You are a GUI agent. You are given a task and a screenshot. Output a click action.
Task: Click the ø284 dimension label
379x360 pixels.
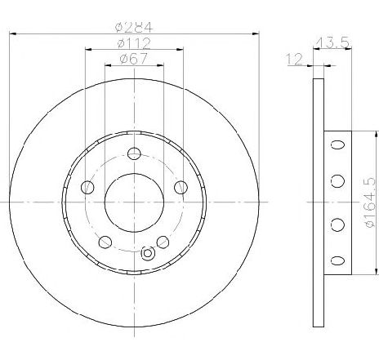pos(134,27)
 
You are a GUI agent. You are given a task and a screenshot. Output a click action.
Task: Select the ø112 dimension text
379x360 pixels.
pos(134,43)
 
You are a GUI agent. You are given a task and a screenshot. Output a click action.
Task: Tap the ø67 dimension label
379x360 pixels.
pos(134,59)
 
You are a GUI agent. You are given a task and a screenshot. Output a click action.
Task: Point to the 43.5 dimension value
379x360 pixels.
pos(332,42)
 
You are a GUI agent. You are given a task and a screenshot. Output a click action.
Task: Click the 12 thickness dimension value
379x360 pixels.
pos(294,60)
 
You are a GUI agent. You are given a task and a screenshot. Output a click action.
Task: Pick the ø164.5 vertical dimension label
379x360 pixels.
pos(370,202)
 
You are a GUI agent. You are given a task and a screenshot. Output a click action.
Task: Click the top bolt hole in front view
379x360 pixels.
pos(134,153)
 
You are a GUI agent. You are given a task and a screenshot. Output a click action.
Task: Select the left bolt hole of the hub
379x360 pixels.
pos(87,187)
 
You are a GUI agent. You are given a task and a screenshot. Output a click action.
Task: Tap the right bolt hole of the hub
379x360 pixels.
pos(181,187)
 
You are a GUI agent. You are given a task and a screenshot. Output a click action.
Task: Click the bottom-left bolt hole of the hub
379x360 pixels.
pos(105,242)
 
